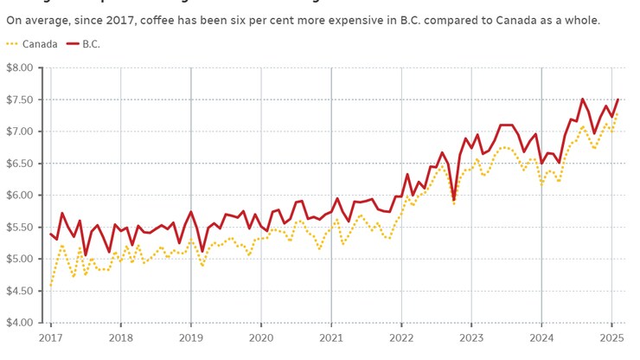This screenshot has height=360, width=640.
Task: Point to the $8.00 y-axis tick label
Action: [18, 67]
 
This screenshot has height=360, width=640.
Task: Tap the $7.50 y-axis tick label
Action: [18, 100]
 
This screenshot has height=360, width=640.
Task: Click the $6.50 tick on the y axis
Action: [18, 164]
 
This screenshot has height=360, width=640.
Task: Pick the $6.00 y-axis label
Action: [18, 196]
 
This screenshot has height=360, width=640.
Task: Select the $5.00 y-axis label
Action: [18, 260]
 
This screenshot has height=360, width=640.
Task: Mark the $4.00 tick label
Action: [18, 324]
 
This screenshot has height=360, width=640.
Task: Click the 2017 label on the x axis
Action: [50, 337]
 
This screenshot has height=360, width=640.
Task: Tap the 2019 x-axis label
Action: [190, 337]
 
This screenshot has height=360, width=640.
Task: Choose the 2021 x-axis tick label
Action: [331, 337]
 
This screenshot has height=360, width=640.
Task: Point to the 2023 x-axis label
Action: [471, 337]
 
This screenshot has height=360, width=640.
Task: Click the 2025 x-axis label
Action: [611, 337]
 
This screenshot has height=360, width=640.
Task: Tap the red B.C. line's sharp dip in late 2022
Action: [453, 198]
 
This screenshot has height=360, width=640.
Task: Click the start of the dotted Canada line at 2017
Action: [51, 285]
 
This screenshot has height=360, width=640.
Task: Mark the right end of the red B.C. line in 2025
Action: [618, 100]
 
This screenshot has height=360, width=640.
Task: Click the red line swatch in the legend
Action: [73, 44]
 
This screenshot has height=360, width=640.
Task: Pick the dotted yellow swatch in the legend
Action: [11, 44]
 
